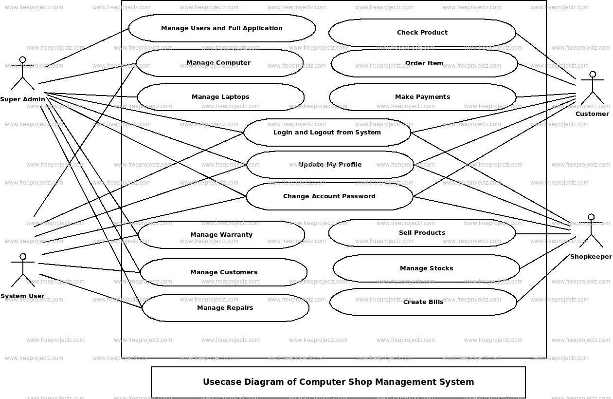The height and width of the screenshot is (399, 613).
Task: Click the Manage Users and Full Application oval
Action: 222,28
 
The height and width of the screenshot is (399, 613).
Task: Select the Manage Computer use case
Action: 219,63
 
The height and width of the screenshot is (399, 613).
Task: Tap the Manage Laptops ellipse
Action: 220,97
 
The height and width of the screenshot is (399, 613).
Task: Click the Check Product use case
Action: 422,33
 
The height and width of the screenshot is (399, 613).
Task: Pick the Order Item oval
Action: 424,63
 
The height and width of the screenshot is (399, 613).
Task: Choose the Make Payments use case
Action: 422,97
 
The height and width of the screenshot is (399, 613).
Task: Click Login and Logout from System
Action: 327,133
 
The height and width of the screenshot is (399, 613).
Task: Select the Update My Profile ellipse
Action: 330,165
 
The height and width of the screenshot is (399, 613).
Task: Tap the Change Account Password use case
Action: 329,196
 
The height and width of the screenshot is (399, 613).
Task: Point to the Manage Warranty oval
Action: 221,235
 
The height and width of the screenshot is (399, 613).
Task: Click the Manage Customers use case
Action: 224,272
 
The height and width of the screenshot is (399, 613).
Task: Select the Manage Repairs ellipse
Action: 225,308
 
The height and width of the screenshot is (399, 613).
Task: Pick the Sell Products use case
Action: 422,233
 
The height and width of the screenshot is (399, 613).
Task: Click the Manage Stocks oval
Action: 426,268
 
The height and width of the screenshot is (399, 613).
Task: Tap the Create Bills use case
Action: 423,302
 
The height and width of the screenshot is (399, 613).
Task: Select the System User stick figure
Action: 22,270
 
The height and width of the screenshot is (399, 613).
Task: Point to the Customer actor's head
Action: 592,75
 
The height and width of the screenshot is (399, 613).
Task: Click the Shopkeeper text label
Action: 590,257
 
